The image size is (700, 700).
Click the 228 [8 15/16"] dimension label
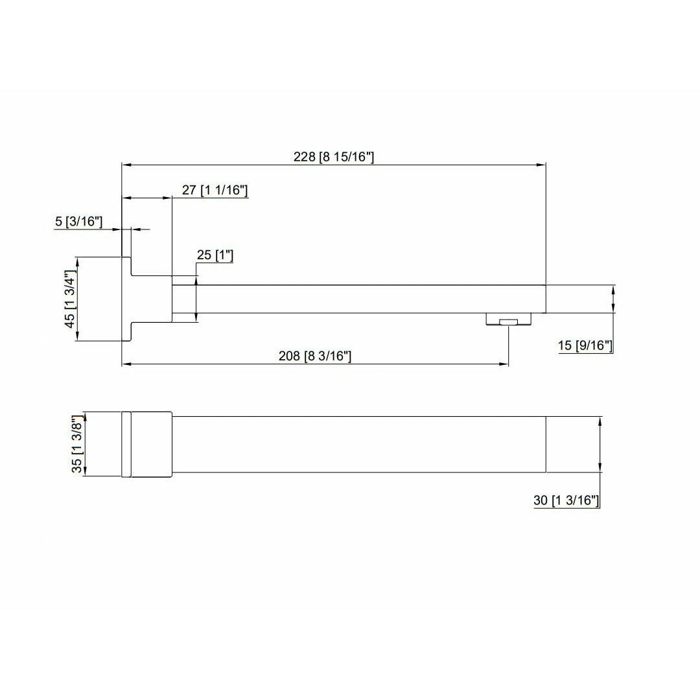point(334,157)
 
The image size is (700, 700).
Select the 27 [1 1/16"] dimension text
point(215,190)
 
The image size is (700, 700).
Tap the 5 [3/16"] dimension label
point(79,222)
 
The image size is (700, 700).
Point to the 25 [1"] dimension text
point(215,255)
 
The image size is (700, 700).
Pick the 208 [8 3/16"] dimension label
point(314,356)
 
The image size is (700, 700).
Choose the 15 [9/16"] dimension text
point(585,346)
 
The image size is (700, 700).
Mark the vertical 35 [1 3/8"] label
point(77,445)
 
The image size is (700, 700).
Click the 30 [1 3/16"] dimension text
point(566,500)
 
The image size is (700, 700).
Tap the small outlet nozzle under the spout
point(509,320)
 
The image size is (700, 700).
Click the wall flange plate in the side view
point(127,299)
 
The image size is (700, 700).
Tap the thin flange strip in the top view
point(126,445)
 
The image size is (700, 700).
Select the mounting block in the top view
point(152,445)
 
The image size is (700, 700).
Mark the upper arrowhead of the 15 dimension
point(613,289)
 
